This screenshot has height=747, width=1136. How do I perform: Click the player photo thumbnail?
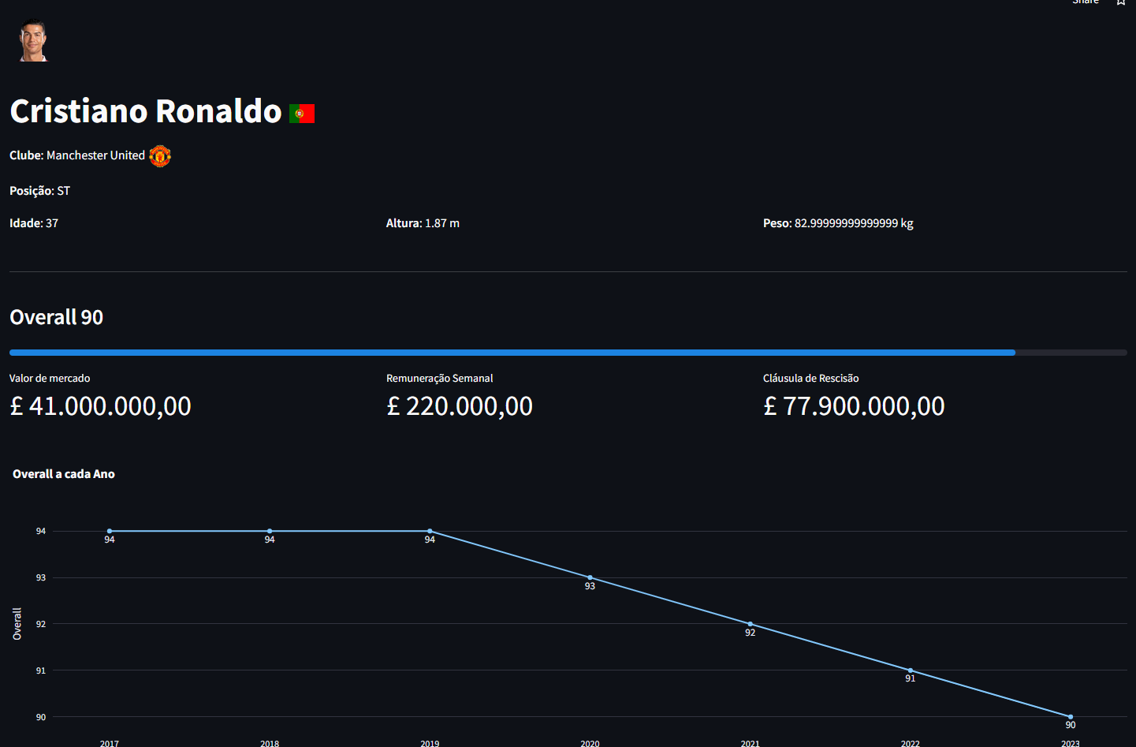33,40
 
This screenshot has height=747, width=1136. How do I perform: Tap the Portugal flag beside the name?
302,114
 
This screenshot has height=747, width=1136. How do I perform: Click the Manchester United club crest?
160,156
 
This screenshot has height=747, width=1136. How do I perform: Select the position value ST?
64,191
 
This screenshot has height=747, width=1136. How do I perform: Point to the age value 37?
52,223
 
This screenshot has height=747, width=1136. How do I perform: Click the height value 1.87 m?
442,223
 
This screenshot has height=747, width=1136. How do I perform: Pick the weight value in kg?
854,223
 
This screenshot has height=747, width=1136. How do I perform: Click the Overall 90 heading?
57,317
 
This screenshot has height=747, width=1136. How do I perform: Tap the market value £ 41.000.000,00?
100,406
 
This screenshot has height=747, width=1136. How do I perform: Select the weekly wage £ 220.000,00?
460,406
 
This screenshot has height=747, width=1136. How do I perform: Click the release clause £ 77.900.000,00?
854,406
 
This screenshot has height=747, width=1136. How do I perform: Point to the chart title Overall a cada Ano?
64,474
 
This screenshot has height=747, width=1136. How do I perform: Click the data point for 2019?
430,531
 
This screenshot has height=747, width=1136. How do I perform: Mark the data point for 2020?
590,577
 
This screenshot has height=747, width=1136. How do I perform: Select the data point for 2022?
911,670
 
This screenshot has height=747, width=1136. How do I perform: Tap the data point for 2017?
110,531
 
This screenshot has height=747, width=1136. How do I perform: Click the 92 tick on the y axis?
41,624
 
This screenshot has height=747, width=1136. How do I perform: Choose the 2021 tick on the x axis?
750,743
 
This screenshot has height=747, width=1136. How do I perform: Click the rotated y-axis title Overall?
17,623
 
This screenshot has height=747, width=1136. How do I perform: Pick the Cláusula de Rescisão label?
810,379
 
